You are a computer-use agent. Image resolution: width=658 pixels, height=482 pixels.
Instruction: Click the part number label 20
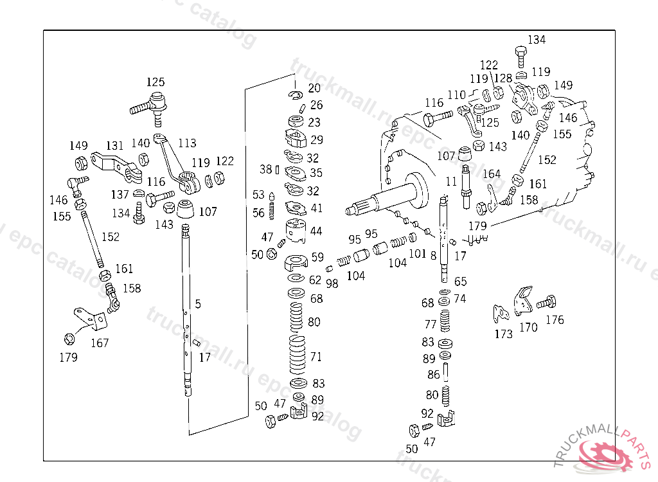[x=314, y=88]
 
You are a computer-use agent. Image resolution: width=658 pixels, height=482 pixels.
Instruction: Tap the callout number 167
[x=100, y=343]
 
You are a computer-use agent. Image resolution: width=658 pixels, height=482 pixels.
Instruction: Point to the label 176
[x=554, y=320]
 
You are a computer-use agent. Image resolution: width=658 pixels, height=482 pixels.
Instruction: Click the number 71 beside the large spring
[x=316, y=357]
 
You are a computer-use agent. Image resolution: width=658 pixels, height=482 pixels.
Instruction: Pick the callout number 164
[x=491, y=174]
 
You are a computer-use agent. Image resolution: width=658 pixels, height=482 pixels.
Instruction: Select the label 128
[x=503, y=78]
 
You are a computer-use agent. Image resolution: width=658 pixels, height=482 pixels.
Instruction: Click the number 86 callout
[x=434, y=375]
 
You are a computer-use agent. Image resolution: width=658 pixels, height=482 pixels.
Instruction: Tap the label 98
[x=332, y=283]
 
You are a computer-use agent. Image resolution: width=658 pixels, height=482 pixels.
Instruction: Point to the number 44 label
[x=316, y=231]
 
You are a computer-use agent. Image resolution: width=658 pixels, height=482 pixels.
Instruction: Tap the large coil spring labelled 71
[x=296, y=355]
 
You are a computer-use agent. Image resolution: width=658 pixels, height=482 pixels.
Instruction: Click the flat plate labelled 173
[x=499, y=313]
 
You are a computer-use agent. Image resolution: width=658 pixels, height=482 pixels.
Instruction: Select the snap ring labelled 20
[x=296, y=96]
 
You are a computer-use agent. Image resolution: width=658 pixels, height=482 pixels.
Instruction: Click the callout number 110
[x=456, y=95]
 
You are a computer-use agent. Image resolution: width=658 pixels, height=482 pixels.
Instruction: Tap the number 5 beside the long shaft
[x=198, y=304]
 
